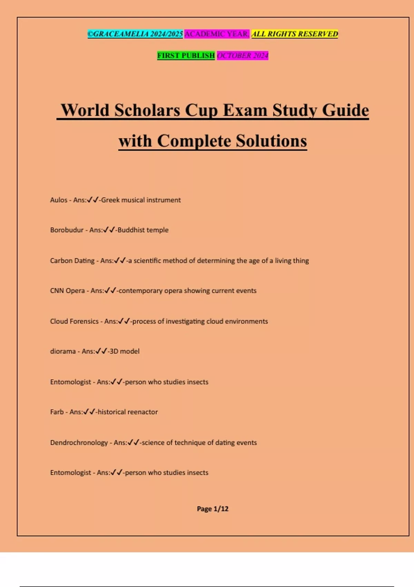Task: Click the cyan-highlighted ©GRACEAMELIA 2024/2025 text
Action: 135,34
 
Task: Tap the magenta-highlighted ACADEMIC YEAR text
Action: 217,34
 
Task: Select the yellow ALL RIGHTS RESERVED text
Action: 295,34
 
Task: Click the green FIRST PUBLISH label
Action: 186,55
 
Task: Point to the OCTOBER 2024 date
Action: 243,55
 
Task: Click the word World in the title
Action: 85,110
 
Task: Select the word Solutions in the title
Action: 271,141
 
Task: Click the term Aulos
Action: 59,200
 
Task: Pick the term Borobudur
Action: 67,230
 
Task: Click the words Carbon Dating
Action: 72,261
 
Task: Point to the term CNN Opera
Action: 67,291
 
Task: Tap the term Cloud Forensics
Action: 74,321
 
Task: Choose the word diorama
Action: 63,351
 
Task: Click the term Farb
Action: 57,412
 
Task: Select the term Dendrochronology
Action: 79,443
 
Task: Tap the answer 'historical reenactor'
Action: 128,412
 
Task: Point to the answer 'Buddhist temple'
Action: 143,230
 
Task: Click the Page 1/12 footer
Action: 213,509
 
